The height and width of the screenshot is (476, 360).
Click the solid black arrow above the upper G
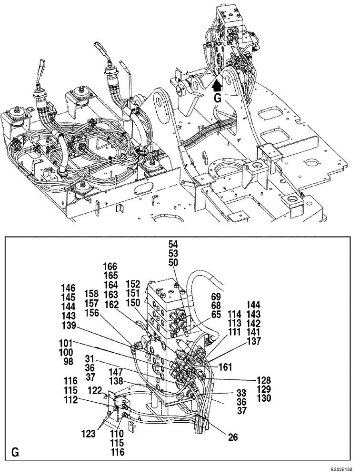tap(217, 85)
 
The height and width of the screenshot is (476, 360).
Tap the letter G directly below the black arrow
tap(217, 99)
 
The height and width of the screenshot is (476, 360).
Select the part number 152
tap(133, 284)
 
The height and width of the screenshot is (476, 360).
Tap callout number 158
tap(92, 293)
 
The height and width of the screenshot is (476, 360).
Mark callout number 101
tap(66, 343)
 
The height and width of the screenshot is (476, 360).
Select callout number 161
tap(226, 367)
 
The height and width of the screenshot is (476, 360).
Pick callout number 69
tap(215, 297)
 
